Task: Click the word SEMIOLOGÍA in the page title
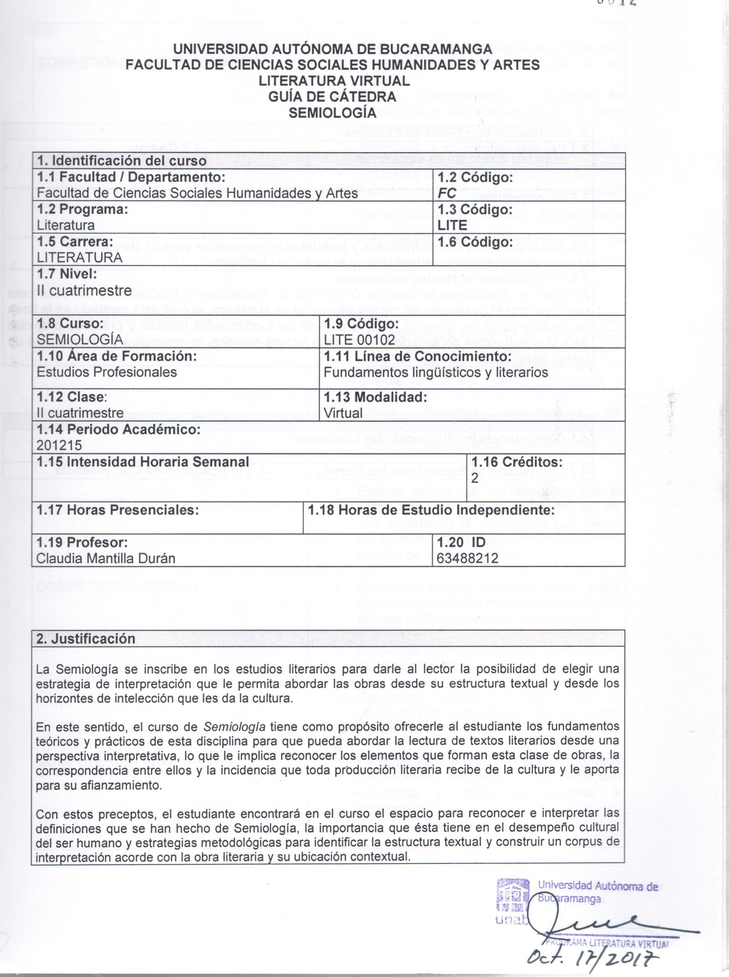tap(333, 113)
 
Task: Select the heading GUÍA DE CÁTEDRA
tap(332, 97)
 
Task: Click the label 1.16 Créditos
tap(517, 462)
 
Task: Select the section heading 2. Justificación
tap(86, 638)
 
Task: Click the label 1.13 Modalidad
tap(375, 397)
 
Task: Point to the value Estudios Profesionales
tap(107, 372)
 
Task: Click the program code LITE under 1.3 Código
tap(452, 225)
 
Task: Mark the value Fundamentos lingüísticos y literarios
tap(436, 372)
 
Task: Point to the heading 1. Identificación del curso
tap(122, 160)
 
